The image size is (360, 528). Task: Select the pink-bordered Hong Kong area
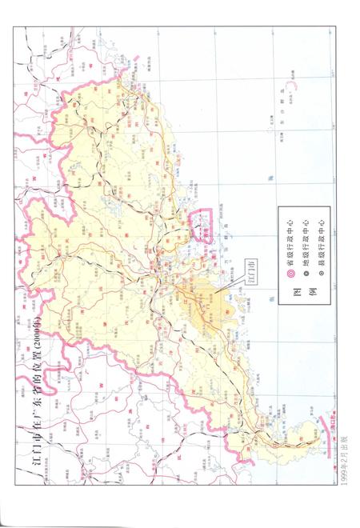(204, 224)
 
